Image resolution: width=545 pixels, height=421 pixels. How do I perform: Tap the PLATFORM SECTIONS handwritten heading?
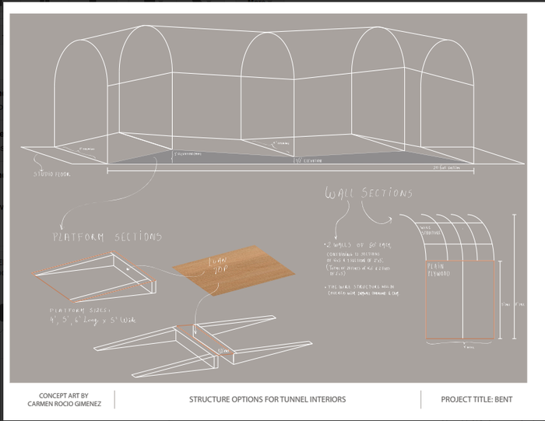107,236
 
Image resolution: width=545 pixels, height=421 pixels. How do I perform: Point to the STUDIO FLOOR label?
51,174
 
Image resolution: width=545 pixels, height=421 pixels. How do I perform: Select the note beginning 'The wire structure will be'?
358,290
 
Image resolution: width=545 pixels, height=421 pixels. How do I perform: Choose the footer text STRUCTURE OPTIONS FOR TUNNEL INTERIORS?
267,400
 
